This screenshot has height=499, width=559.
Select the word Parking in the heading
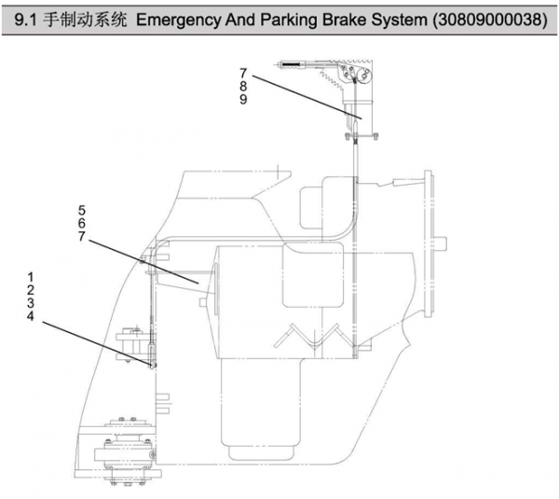pos(293,19)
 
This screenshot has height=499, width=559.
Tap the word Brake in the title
pos(352,19)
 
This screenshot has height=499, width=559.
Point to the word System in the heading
pos(406,19)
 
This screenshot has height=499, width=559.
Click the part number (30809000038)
pos(493,19)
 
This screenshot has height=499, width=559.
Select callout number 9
pos(243,100)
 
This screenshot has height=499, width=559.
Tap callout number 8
pos(243,87)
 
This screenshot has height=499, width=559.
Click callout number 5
pos(82,211)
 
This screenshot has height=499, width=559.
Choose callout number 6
pos(82,224)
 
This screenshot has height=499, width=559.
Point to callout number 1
pos(31,277)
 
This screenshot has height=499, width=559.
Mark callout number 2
pos(31,290)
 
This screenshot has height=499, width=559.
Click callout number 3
pos(31,303)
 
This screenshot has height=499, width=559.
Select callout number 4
pos(31,316)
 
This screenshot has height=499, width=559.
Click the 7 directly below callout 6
pos(82,237)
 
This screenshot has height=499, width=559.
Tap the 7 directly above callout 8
pos(243,74)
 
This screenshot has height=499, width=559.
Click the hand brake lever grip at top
pos(293,64)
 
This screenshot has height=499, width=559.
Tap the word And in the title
pos(245,19)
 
